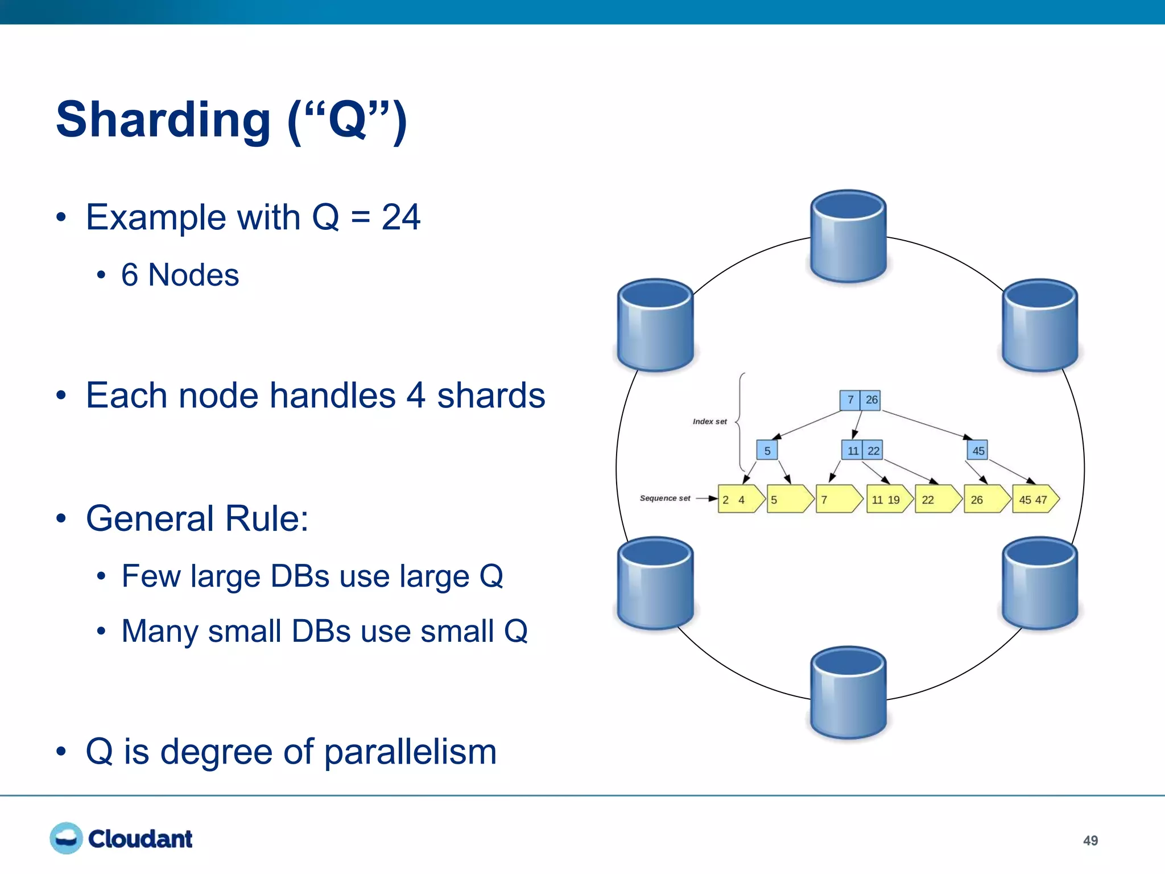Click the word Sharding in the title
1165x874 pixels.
pyautogui.click(x=163, y=119)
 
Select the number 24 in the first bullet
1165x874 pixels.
pyautogui.click(x=400, y=217)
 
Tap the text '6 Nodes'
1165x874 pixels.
pyautogui.click(x=180, y=275)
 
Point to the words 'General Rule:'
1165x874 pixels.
pyautogui.click(x=197, y=518)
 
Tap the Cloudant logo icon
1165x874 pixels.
pyautogui.click(x=66, y=838)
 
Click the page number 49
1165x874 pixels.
pyautogui.click(x=1090, y=840)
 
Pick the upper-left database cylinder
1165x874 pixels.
pyautogui.click(x=655, y=325)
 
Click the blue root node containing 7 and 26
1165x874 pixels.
pyautogui.click(x=860, y=400)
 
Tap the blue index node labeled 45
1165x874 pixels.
pyautogui.click(x=977, y=451)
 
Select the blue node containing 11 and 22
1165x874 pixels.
pyautogui.click(x=862, y=451)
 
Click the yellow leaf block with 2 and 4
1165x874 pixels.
pyautogui.click(x=739, y=500)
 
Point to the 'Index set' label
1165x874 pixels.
pyautogui.click(x=709, y=422)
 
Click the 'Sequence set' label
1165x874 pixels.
pyautogui.click(x=664, y=498)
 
